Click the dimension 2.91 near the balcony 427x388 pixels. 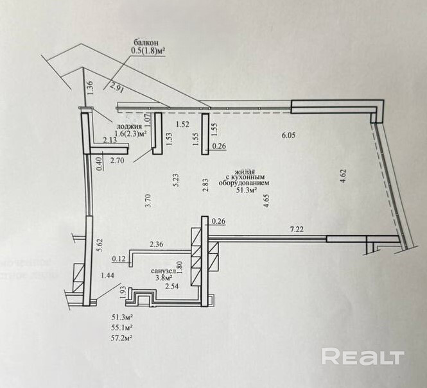click(116, 88)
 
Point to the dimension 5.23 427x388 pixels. click(175, 181)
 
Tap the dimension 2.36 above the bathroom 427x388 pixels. click(157, 244)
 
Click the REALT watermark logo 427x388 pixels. click(362, 357)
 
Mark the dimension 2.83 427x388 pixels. click(205, 185)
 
